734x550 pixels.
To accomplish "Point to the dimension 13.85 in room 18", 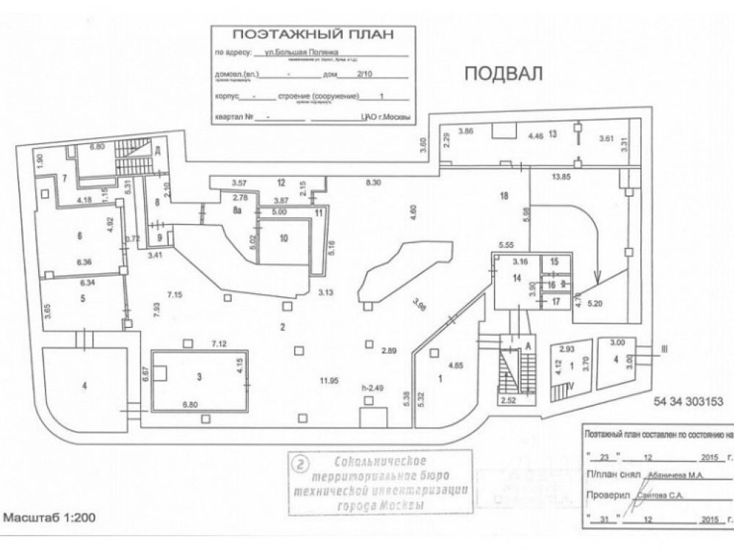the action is click(562, 177).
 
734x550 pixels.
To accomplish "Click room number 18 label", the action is click(504, 195).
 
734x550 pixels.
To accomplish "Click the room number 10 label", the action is click(285, 238).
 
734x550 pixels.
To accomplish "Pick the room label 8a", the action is click(238, 210).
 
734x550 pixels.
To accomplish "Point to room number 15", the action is click(554, 262).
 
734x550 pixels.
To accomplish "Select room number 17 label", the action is click(555, 301).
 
